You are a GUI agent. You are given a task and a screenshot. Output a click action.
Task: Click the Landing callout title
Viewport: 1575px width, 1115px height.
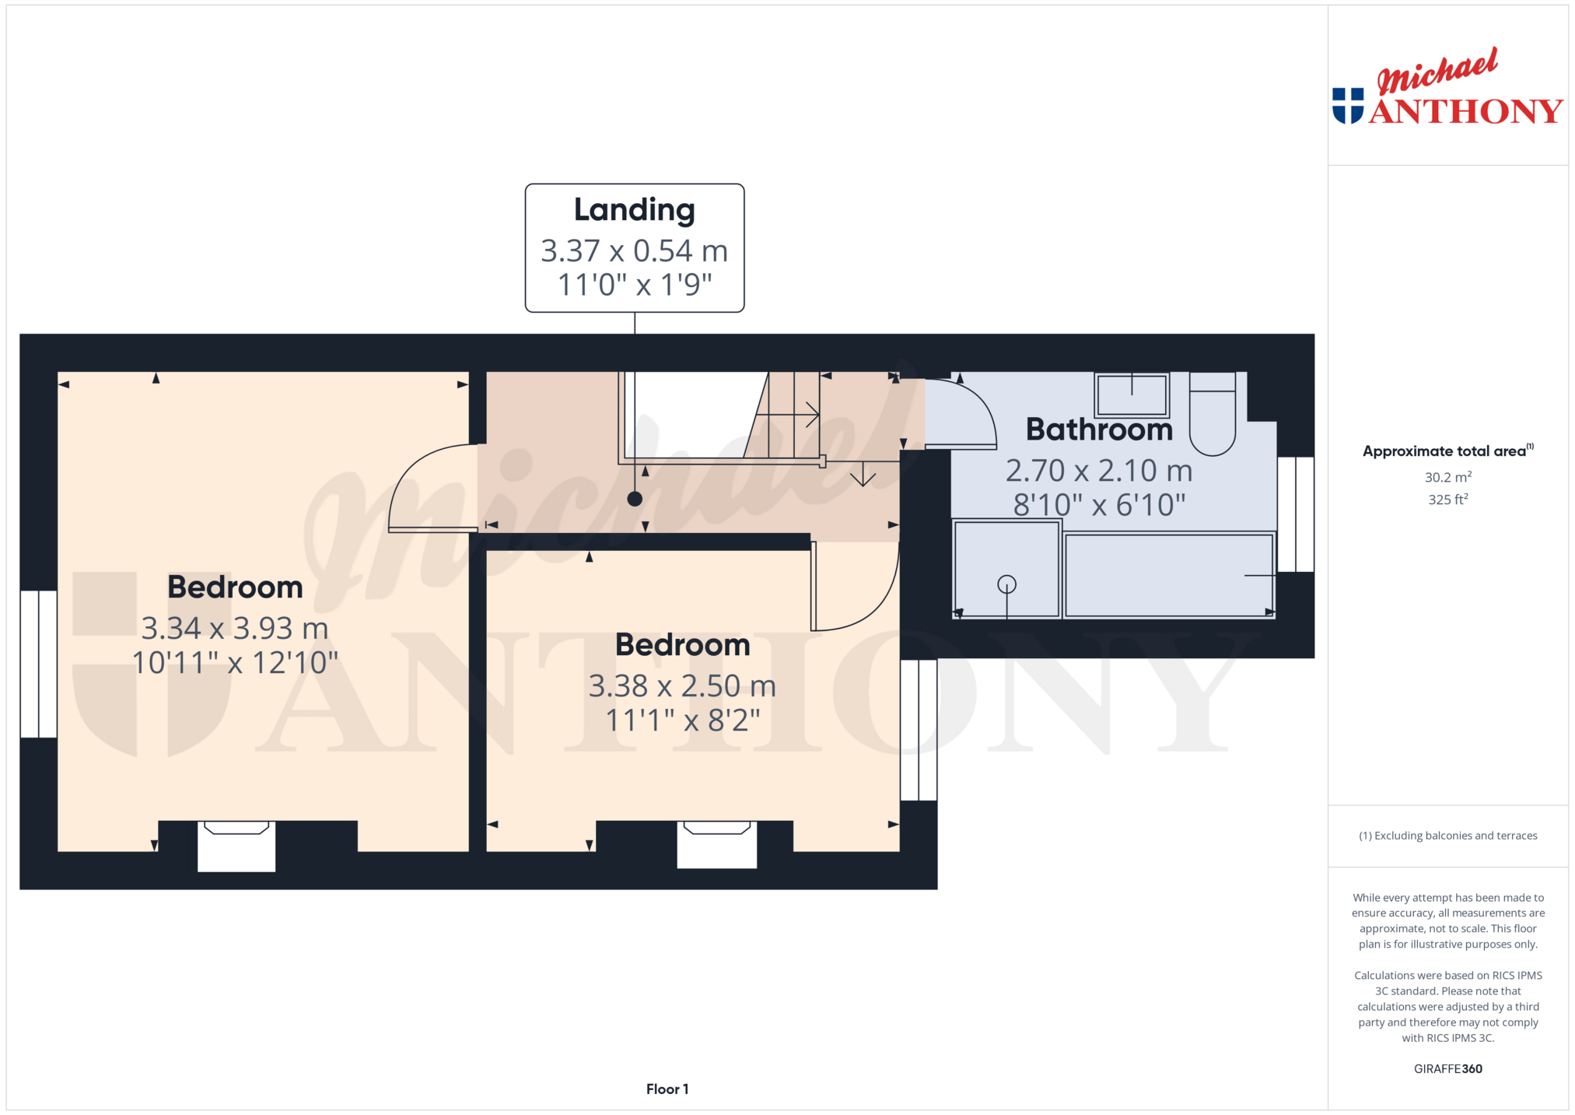(x=634, y=210)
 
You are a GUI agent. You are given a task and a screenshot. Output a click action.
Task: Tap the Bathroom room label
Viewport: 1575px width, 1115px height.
(x=1099, y=430)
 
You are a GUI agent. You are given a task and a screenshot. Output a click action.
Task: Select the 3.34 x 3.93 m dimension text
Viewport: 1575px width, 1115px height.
(x=235, y=628)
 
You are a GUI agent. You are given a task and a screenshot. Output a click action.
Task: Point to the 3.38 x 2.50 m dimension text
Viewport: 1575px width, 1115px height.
(x=682, y=685)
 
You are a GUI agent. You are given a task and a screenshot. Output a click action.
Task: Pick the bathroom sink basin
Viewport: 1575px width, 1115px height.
(x=1132, y=395)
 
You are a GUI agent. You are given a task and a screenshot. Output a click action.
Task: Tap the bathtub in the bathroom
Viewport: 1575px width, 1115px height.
(x=1169, y=575)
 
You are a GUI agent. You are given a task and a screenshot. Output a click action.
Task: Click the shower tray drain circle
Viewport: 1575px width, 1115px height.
(x=1006, y=584)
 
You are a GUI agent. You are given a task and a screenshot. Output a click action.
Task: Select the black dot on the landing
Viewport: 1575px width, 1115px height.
(x=635, y=499)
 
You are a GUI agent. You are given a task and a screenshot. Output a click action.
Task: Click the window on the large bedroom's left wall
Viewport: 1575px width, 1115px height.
(x=38, y=664)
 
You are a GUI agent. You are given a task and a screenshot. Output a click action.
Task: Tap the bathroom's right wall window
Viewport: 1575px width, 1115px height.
(x=1296, y=514)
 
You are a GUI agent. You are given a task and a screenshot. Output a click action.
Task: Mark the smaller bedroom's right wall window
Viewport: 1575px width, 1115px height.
(x=919, y=730)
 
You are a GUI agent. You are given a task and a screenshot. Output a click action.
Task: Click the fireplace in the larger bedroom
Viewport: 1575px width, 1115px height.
(x=236, y=846)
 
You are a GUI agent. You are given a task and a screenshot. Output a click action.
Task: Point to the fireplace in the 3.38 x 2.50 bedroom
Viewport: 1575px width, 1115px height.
(x=717, y=844)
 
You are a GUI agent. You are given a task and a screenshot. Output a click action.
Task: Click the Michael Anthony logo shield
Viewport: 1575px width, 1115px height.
(x=1348, y=106)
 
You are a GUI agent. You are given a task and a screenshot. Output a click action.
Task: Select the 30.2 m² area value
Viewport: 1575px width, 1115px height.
(x=1447, y=477)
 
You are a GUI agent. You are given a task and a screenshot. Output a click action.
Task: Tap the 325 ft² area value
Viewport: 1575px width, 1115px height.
(x=1447, y=499)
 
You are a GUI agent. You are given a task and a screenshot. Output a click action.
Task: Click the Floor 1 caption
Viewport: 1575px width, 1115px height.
(x=667, y=1089)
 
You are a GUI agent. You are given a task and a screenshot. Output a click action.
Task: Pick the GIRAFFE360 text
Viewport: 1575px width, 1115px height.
(x=1447, y=1068)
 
